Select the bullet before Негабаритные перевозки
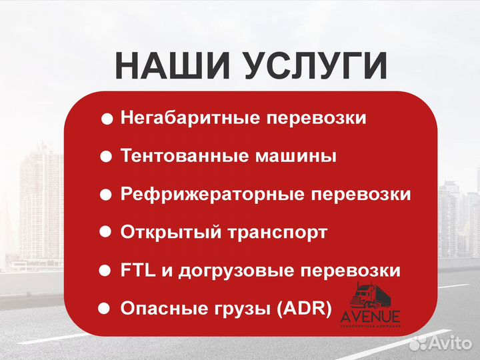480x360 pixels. pyautogui.click(x=107, y=119)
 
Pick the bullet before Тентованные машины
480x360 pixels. pyautogui.click(x=105, y=157)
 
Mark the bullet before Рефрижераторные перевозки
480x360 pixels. pyautogui.click(x=105, y=195)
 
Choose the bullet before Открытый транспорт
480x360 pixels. pyautogui.click(x=105, y=232)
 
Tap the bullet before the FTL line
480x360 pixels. pyautogui.click(x=104, y=271)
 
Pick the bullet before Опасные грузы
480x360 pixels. pyautogui.click(x=103, y=309)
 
